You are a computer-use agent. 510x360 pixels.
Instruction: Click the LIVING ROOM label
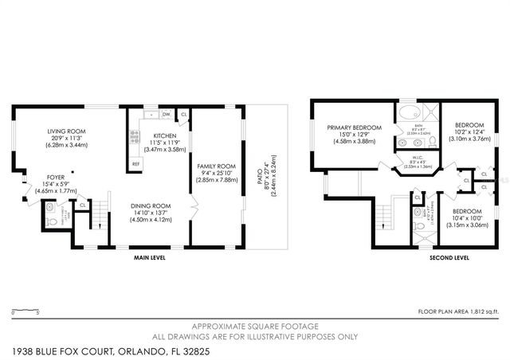[x=65, y=131]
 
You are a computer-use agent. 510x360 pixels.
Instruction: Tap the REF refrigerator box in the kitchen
[x=136, y=164]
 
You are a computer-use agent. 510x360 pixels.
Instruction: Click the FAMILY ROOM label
[x=216, y=166]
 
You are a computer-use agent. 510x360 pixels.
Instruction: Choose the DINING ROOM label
[x=151, y=205]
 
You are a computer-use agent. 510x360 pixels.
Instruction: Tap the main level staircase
[x=100, y=218]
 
